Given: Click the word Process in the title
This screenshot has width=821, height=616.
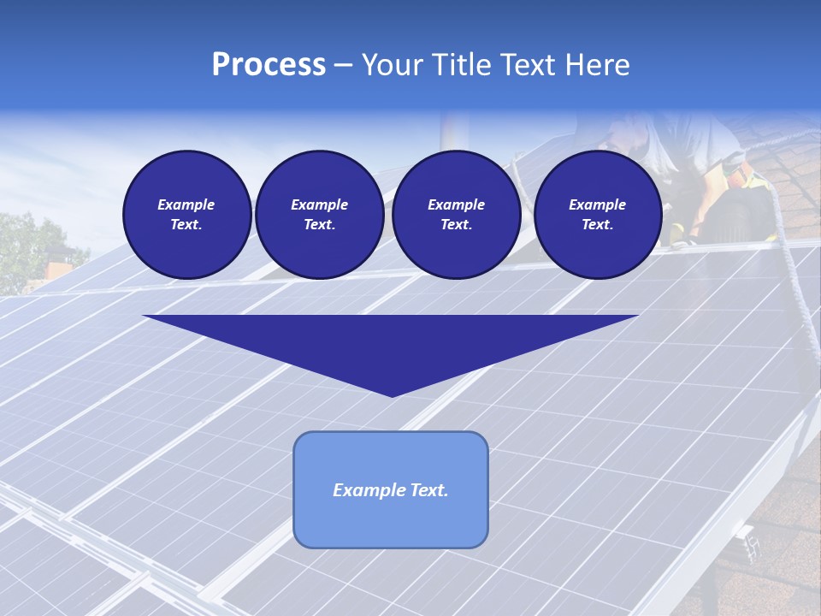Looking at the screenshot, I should pos(269,65).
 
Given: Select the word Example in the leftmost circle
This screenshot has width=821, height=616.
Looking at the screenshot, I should pos(186,204).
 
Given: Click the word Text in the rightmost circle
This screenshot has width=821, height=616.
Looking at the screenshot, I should pos(597,224).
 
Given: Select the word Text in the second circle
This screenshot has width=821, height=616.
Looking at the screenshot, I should pos(319,224).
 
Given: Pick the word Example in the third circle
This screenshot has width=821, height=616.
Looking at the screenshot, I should pos(456,204).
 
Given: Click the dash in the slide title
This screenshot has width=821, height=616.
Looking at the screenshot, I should pos(344,65).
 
